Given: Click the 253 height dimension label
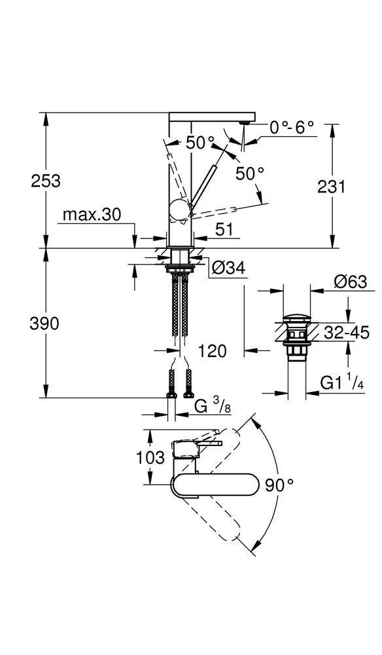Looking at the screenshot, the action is pos(46,181).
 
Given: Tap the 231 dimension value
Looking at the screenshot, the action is pos(332,186).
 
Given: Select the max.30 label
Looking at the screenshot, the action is pos(92,215).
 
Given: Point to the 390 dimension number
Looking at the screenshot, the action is pos(44,324).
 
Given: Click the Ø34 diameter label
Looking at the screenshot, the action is pos(228,269).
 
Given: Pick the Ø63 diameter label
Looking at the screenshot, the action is pos(351,282).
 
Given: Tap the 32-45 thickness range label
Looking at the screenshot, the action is pos(347,333).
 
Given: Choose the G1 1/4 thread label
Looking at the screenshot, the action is pos(342,383).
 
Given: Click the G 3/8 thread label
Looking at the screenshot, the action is pos(213,405).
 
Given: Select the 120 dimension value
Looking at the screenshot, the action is pos(213,351).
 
